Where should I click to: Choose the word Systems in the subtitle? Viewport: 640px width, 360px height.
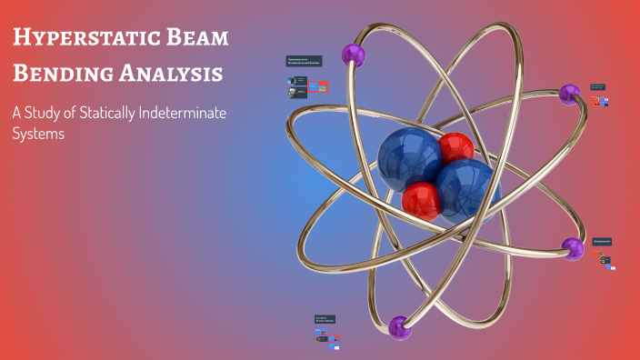[x=38, y=133]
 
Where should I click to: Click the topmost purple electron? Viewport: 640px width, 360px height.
[x=353, y=55]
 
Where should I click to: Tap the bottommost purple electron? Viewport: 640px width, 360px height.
[x=400, y=326]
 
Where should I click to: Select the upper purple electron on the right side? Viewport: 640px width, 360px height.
[x=570, y=93]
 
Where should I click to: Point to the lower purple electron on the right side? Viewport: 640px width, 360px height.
[x=572, y=247]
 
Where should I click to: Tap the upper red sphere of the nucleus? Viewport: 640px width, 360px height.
[x=455, y=148]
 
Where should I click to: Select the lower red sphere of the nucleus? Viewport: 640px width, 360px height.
[x=421, y=199]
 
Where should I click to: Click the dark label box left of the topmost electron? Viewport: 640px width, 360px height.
[x=304, y=62]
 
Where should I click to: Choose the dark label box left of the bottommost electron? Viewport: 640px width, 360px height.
[x=325, y=320]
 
